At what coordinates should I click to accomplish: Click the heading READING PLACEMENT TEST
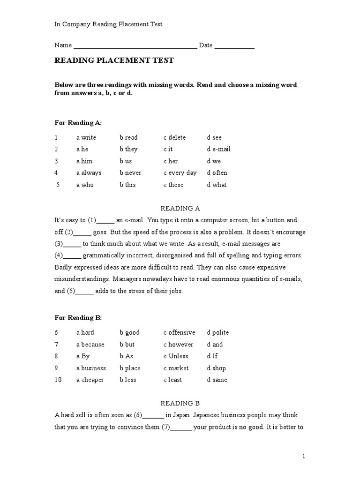click(x=114, y=60)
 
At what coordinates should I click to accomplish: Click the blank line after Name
click(x=135, y=46)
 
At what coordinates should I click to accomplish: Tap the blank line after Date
click(x=234, y=46)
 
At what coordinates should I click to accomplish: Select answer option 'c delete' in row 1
click(x=174, y=137)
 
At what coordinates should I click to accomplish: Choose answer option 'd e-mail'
click(x=218, y=149)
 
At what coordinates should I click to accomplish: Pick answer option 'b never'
click(x=130, y=172)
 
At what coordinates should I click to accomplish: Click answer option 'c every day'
click(x=180, y=172)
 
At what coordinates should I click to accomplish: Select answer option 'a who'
click(x=85, y=185)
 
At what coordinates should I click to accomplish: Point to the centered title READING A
click(x=180, y=208)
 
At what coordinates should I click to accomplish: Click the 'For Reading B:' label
click(x=78, y=318)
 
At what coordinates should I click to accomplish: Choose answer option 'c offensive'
click(x=179, y=332)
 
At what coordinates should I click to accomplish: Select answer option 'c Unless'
click(x=176, y=356)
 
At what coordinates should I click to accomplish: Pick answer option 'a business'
click(x=91, y=368)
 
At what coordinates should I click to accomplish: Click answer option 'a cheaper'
click(x=90, y=380)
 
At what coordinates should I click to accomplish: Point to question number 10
click(x=58, y=380)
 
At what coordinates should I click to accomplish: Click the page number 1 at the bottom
click(x=304, y=456)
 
